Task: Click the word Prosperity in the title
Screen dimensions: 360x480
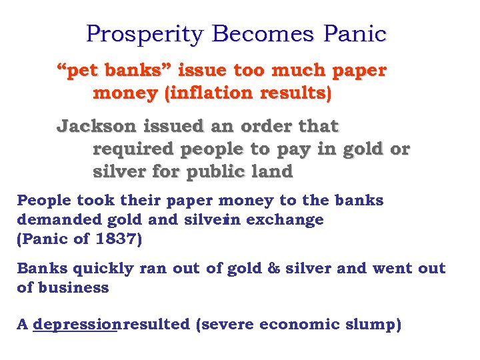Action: tap(143, 34)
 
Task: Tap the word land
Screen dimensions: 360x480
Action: tap(272, 172)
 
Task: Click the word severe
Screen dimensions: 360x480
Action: tap(227, 325)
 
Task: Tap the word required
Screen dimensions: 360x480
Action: tap(137, 149)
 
